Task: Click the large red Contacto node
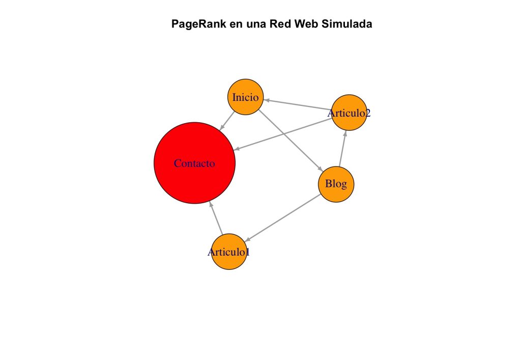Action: pos(194,163)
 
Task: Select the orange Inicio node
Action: pos(246,97)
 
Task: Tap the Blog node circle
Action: pos(336,184)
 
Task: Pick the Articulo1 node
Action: pos(229,252)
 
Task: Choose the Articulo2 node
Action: pos(349,113)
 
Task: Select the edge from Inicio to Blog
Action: pos(290,141)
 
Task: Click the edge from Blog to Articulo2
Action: pos(342,149)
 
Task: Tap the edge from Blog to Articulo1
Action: pos(285,216)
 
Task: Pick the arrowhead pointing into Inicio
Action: pos(266,100)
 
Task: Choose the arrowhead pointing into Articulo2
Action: pos(345,133)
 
